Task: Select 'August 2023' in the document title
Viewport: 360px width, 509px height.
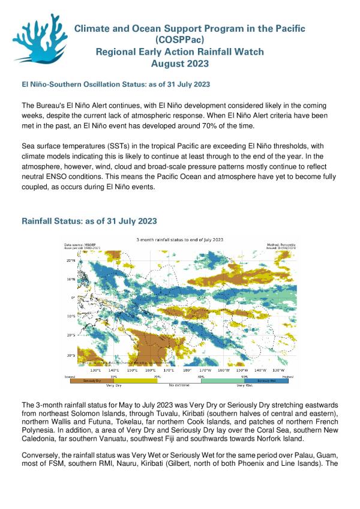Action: point(181,63)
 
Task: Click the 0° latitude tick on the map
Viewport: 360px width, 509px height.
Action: point(73,298)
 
